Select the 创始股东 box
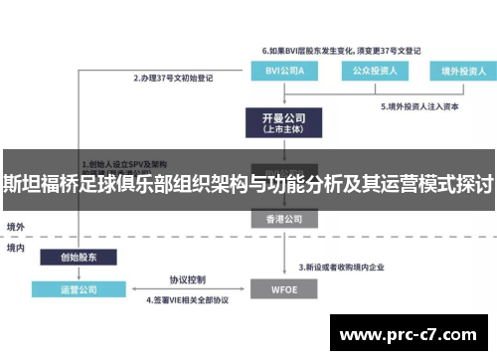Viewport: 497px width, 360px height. coord(77,257)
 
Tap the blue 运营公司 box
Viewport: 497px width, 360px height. coord(77,289)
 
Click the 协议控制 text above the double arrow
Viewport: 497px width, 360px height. coord(187,279)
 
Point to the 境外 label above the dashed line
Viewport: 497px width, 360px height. coord(16,227)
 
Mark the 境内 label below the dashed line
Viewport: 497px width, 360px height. coord(16,246)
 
